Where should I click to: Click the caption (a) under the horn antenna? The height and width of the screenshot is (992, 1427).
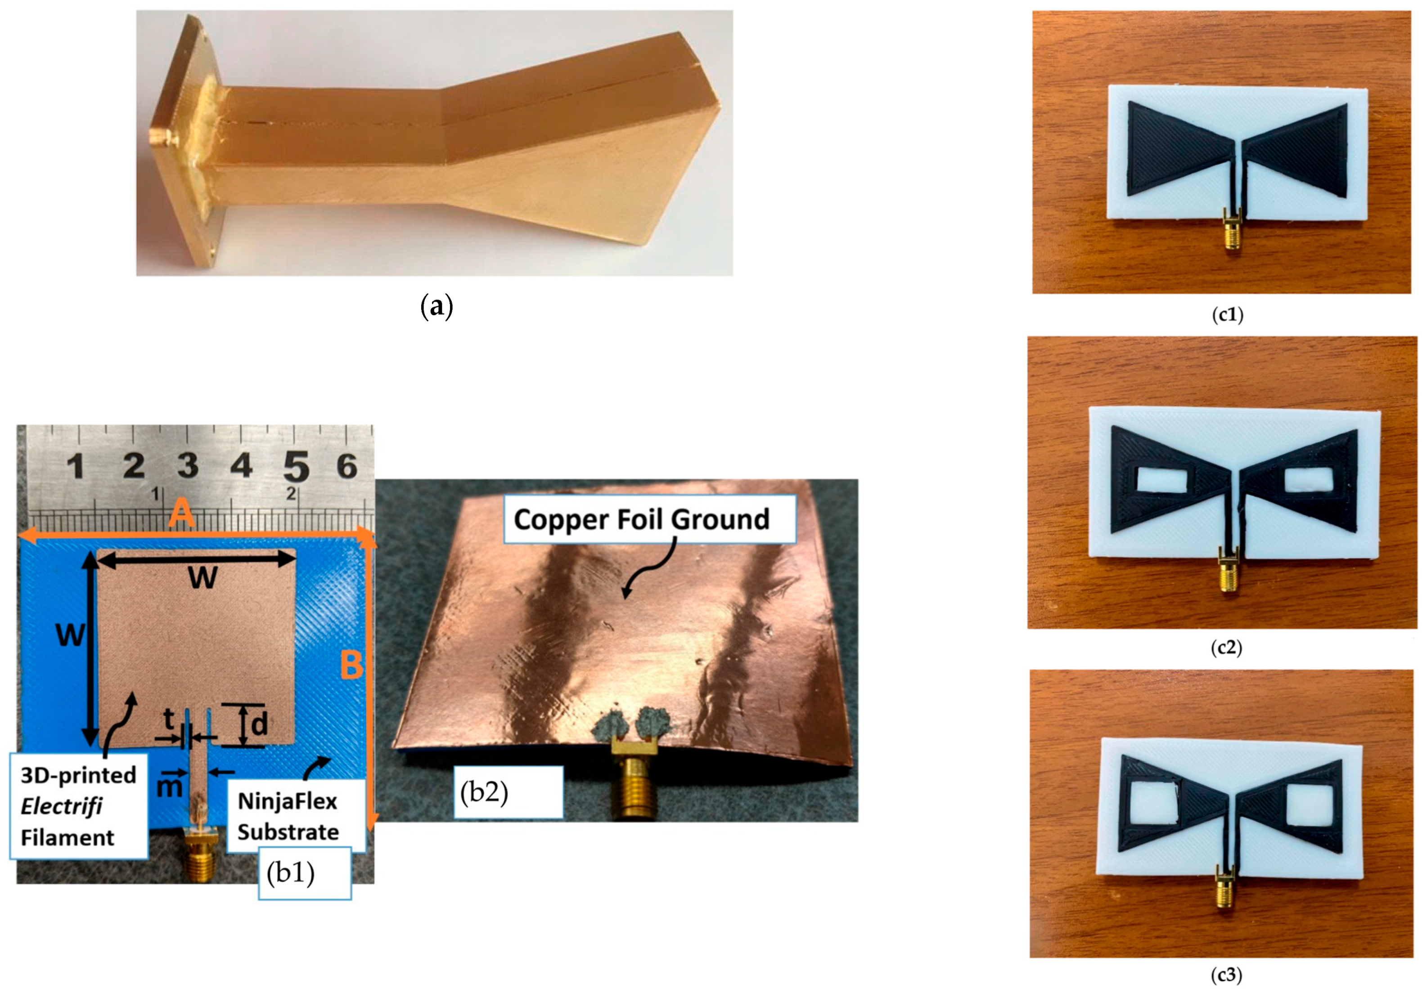pyautogui.click(x=437, y=307)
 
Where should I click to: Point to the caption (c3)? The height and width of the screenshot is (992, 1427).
pyautogui.click(x=1227, y=975)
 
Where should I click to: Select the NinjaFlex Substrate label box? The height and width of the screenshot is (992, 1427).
pyautogui.click(x=288, y=816)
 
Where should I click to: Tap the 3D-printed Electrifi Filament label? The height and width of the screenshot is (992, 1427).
pyautogui.click(x=78, y=806)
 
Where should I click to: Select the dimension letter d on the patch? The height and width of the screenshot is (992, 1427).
pyautogui.click(x=259, y=724)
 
